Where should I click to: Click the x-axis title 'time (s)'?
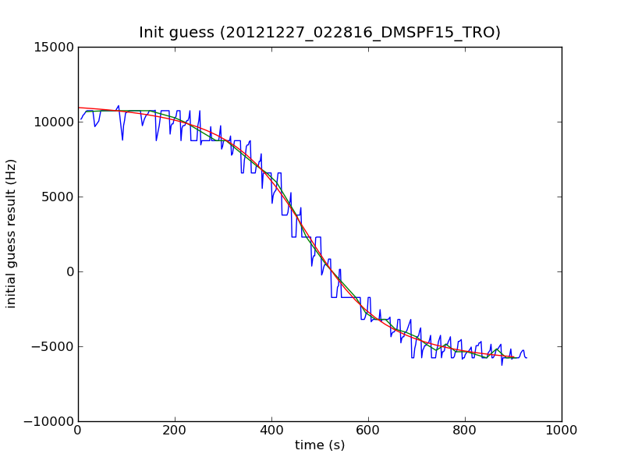click(320, 445)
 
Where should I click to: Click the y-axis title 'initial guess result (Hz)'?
click(11, 233)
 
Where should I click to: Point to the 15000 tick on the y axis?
click(55, 47)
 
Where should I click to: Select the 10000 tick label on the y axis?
click(55, 122)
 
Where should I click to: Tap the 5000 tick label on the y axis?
click(58, 197)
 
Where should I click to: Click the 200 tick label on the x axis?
click(175, 430)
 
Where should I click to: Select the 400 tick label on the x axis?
click(271, 430)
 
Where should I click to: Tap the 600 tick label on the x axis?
click(368, 430)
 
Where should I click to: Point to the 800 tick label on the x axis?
click(465, 430)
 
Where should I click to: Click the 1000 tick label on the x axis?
click(562, 430)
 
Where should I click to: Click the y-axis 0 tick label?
click(69, 271)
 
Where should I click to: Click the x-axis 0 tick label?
click(78, 430)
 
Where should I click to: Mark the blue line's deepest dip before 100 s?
click(122, 140)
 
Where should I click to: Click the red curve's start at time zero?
click(79, 108)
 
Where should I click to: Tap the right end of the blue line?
click(526, 357)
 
